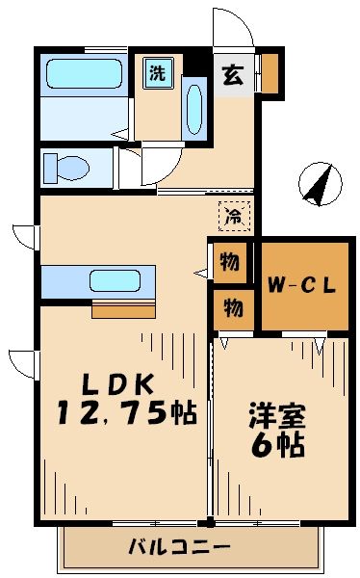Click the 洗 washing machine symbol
[x=156, y=72]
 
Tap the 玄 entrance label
[x=233, y=73]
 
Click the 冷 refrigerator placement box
[x=233, y=217]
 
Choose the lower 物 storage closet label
[x=231, y=308]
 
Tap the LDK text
[x=113, y=383]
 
